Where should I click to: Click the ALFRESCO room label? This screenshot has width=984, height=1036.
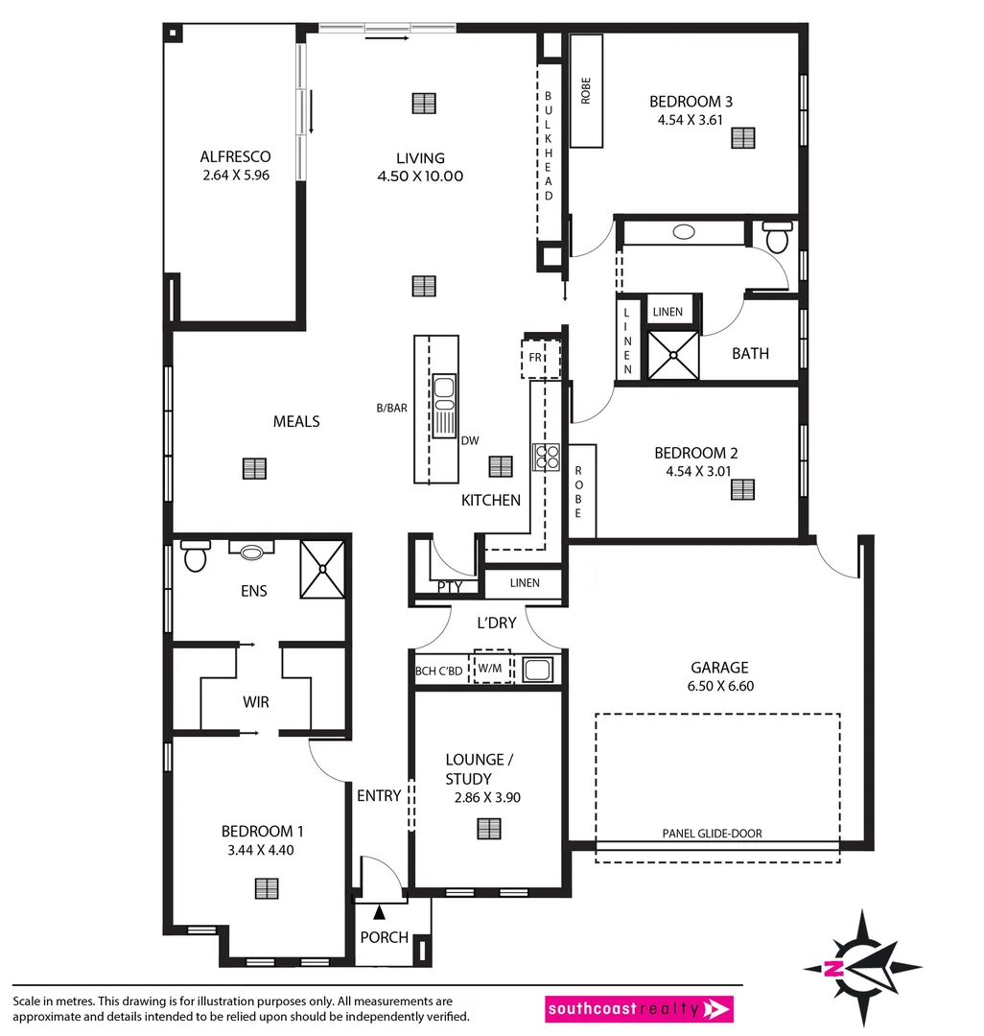[235, 156]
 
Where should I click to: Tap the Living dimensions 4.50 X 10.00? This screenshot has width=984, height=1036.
[420, 177]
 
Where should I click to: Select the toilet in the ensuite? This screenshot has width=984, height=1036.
[196, 555]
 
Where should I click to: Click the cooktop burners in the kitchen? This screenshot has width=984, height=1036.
[547, 456]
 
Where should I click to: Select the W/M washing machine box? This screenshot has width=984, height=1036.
[490, 668]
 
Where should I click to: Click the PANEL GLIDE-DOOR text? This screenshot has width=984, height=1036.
[712, 834]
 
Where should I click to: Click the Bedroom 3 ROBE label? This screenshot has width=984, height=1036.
[585, 90]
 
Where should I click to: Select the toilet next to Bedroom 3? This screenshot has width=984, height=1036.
[777, 235]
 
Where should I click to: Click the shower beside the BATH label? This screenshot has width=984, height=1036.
[673, 354]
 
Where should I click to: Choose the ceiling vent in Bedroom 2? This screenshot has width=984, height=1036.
[742, 489]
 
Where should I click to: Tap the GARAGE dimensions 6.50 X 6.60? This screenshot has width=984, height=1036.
[719, 686]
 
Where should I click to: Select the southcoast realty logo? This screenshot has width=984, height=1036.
[639, 1009]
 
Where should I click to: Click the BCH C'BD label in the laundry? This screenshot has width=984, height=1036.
[439, 669]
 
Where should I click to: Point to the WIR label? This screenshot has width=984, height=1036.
[255, 702]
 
